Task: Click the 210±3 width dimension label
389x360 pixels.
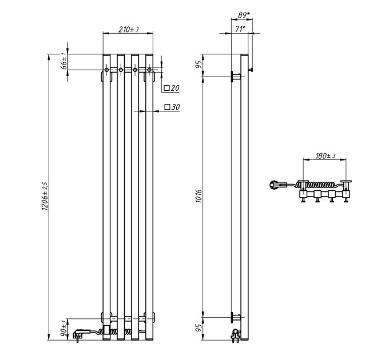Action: pyautogui.click(x=128, y=30)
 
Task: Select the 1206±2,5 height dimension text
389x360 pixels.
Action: pyautogui.click(x=45, y=196)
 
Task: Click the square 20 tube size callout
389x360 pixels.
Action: pyautogui.click(x=172, y=88)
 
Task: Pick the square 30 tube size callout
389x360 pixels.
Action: pyautogui.click(x=172, y=107)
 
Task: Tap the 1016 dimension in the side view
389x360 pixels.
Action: pyautogui.click(x=199, y=196)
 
